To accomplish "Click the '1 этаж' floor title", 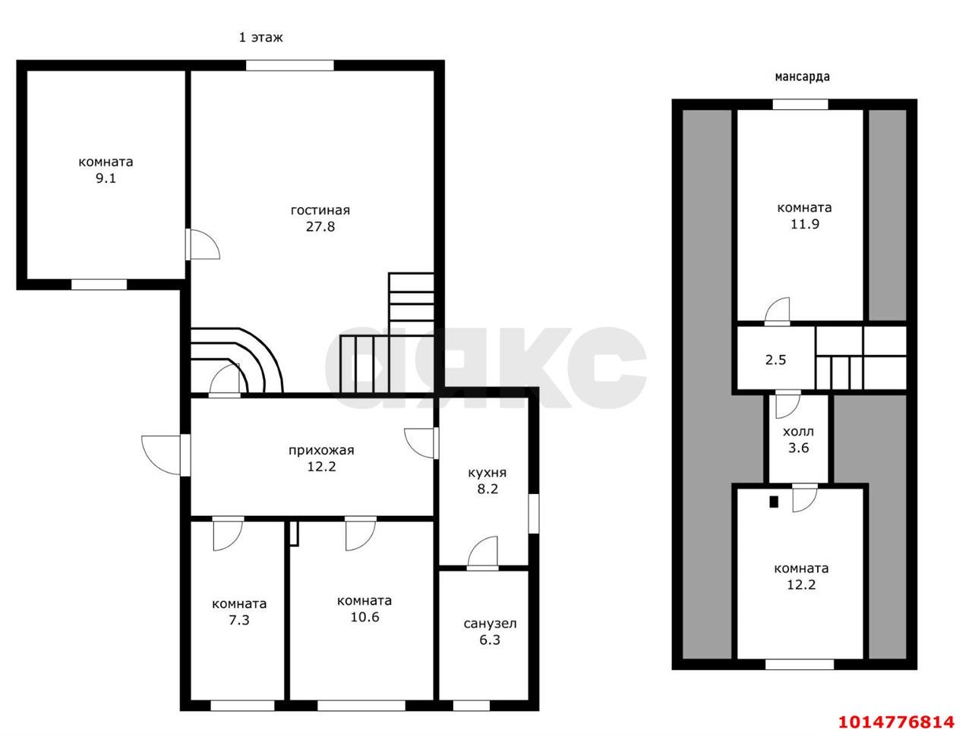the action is click(x=260, y=38).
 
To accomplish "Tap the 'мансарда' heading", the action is click(x=802, y=77).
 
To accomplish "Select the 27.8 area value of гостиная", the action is click(x=320, y=226).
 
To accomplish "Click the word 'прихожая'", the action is click(x=321, y=450).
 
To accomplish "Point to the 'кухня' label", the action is click(x=487, y=473).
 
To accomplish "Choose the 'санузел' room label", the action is click(x=491, y=624).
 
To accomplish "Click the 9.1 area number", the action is click(x=106, y=178).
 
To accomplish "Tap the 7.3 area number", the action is click(x=239, y=620).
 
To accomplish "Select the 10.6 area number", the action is click(x=364, y=617).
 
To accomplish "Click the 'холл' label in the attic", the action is click(x=798, y=431).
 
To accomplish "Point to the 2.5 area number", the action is click(x=776, y=360).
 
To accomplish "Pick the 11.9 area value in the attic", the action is click(x=805, y=224).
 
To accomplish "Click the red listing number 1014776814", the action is click(x=896, y=722).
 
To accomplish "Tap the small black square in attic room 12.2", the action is click(x=774, y=502).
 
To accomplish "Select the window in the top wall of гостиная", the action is click(x=289, y=65).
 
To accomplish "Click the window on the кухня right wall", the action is click(x=534, y=514).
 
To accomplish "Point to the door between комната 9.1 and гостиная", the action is click(x=202, y=244).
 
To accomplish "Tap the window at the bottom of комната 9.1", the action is click(x=99, y=285).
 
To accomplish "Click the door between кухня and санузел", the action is click(x=483, y=553).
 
